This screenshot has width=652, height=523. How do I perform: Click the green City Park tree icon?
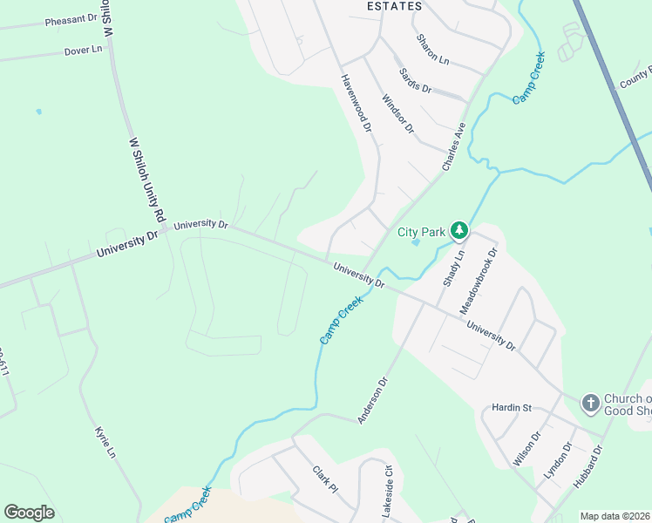coord(459,231)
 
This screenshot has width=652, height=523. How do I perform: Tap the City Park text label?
coord(422,232)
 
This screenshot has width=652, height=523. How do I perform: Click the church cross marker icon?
coord(590,402)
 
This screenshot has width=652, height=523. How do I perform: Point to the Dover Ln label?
coord(84,51)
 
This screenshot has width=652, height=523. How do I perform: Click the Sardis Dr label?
coord(415,80)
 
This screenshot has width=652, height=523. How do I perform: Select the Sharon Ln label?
coord(432,50)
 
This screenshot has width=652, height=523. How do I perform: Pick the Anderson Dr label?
coord(371,400)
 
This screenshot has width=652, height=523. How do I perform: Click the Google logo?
coord(29,513)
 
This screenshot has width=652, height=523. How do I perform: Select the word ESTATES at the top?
coord(394,6)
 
